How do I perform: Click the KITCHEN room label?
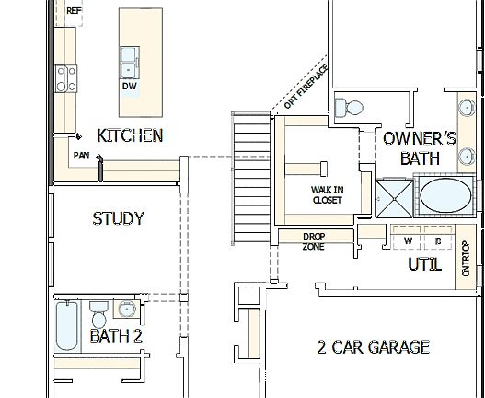pos(130,135)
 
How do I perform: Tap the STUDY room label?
pos(118,218)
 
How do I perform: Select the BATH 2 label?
pos(116,336)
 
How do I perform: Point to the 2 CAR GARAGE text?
pos(373,347)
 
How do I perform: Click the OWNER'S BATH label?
pos(420,147)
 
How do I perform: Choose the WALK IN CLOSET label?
pos(327,193)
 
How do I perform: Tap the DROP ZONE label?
pos(314,241)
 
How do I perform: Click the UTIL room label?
pos(424,265)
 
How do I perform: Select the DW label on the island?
pos(129,86)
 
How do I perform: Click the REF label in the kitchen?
pos(74,11)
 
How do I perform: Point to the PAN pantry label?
pos(82,156)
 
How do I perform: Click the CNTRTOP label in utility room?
pos(466,258)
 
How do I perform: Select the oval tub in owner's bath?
pos(444,196)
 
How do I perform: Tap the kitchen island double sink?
pos(130,60)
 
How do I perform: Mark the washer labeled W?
pos(408,240)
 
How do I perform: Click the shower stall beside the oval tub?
pos(393,197)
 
